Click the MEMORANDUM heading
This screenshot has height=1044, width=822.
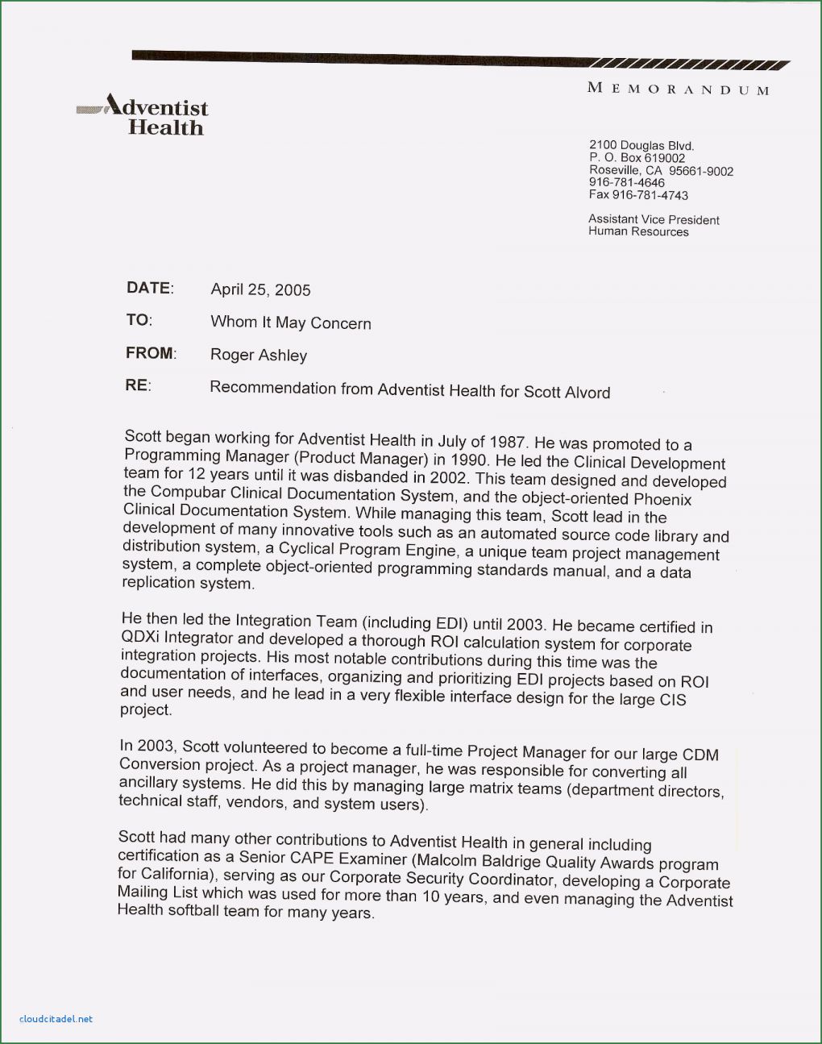pyautogui.click(x=678, y=89)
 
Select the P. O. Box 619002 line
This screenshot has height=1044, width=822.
pyautogui.click(x=637, y=158)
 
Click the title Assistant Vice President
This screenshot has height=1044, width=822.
pyautogui.click(x=654, y=219)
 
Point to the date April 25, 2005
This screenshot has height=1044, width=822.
pyautogui.click(x=260, y=290)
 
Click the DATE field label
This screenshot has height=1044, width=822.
pyautogui.click(x=149, y=288)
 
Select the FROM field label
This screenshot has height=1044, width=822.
pyautogui.click(x=150, y=353)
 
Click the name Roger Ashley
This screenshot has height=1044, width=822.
pyautogui.click(x=259, y=356)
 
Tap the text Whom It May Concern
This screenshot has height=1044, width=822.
pyautogui.click(x=291, y=322)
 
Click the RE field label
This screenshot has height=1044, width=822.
pyautogui.click(x=137, y=385)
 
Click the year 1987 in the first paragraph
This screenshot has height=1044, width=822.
pyautogui.click(x=507, y=443)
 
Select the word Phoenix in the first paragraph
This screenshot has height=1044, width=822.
pyautogui.click(x=662, y=500)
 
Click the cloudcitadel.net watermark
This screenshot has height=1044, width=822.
pyautogui.click(x=55, y=1019)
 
